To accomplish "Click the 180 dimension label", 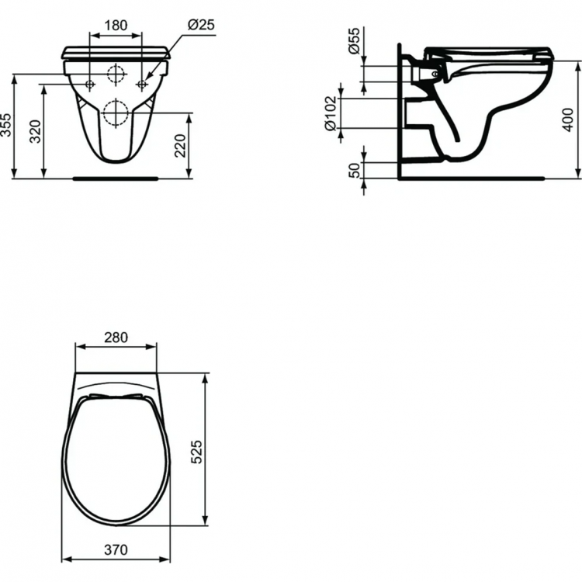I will click(116, 24).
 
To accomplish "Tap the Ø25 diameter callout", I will click(201, 24).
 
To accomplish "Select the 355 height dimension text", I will click(7, 125).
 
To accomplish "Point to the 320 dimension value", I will click(35, 132).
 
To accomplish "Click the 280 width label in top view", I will click(116, 338).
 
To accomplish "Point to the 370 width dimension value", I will click(115, 549).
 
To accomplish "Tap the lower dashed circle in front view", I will click(116, 113).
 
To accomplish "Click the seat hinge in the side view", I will click(435, 74).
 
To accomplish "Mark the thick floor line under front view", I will click(115, 178).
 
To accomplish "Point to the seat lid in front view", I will click(116, 53).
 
